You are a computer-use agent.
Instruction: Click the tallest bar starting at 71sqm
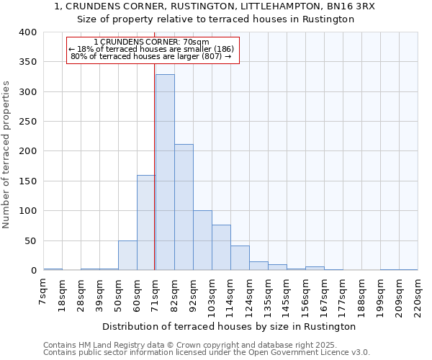(165, 173)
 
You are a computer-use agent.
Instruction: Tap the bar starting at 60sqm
(146, 222)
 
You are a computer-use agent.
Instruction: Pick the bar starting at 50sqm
(127, 256)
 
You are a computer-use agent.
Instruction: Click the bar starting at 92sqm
(202, 240)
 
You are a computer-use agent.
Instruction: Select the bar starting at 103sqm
(221, 248)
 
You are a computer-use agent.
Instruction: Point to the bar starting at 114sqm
(240, 258)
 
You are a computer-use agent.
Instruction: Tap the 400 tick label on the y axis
(27, 32)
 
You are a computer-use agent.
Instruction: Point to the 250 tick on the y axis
(27, 122)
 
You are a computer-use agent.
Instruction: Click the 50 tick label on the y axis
(30, 240)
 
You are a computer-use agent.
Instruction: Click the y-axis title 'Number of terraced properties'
(7, 155)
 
